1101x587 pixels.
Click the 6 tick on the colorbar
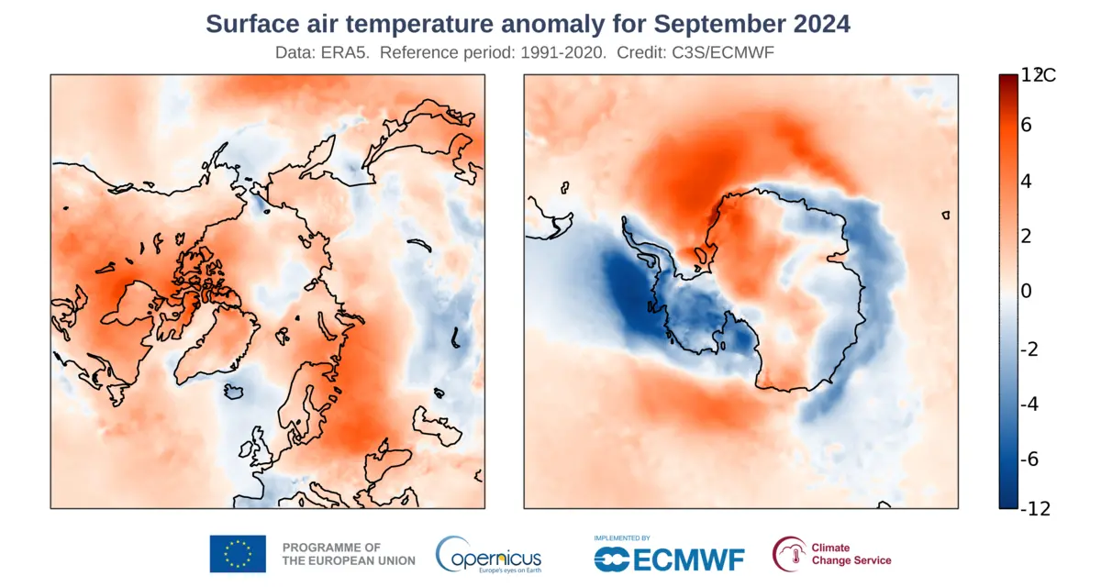[1026, 125]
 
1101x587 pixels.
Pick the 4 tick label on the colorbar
[1026, 181]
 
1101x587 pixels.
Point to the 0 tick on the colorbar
[1026, 292]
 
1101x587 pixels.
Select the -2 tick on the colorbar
[1029, 349]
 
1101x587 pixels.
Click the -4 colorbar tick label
[1029, 404]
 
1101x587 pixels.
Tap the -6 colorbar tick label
[1029, 460]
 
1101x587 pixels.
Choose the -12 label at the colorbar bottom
[1034, 509]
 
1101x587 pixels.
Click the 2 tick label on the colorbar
[1026, 236]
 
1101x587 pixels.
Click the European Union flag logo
[238, 554]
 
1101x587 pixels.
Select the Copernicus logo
[488, 554]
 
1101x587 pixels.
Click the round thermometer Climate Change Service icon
[787, 553]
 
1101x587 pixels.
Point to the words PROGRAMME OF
[331, 547]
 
